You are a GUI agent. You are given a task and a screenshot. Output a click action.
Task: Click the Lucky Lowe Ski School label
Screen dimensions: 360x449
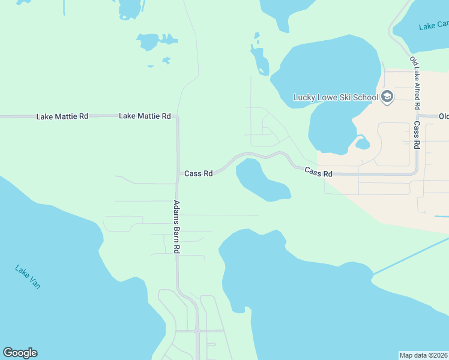point(336,97)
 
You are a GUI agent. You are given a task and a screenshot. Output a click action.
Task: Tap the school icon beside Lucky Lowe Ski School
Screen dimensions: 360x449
point(387,97)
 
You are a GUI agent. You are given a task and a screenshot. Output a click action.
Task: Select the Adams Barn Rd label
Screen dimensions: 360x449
point(178,226)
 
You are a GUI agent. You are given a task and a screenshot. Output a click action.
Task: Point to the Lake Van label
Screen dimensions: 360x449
point(28,277)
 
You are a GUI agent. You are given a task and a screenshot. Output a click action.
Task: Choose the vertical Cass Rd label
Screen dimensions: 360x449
point(417,136)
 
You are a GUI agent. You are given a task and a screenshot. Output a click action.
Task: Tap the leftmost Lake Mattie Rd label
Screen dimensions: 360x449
point(62,116)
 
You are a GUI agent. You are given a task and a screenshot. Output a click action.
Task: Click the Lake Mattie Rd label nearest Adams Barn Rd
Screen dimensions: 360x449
point(145,116)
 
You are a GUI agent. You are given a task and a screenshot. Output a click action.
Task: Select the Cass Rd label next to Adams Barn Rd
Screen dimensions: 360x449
point(198,173)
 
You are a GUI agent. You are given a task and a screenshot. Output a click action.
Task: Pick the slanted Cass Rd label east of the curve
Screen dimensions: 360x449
point(318,172)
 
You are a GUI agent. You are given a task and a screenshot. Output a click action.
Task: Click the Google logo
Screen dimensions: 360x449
point(20,353)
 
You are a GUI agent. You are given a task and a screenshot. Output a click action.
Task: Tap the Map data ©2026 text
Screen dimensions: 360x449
point(424,355)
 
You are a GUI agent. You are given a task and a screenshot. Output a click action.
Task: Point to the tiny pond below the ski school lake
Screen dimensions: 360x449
point(362,143)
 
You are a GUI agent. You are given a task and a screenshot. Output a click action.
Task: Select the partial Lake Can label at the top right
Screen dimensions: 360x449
point(433,25)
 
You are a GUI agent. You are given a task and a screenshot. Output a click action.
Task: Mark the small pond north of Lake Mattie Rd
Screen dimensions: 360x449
point(148,41)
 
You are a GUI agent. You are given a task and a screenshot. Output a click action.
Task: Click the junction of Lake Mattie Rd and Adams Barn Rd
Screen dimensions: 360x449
point(177,116)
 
